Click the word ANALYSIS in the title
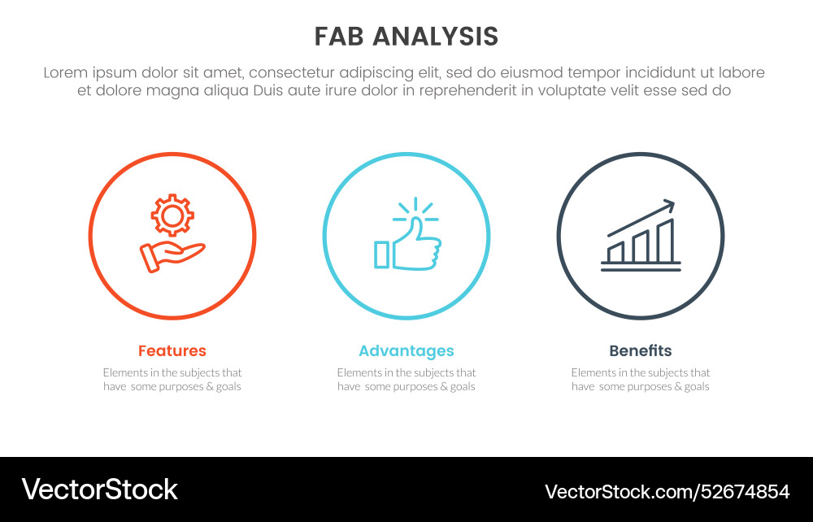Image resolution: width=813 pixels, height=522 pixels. point(436,37)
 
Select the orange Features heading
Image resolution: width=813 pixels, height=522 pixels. point(172,351)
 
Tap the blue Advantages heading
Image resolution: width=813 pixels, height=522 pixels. point(406,351)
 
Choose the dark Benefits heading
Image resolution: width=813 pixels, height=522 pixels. point(641,351)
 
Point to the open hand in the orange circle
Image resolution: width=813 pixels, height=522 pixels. point(172,257)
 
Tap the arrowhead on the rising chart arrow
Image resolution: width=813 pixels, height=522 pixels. point(669,205)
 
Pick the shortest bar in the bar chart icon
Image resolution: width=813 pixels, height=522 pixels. point(616,252)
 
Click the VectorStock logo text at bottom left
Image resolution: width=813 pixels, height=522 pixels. point(99,489)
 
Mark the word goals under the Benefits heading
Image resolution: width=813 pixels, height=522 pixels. point(692,387)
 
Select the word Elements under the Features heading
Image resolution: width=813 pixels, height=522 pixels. point(126,372)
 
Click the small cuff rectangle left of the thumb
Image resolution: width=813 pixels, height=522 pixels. point(381,254)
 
